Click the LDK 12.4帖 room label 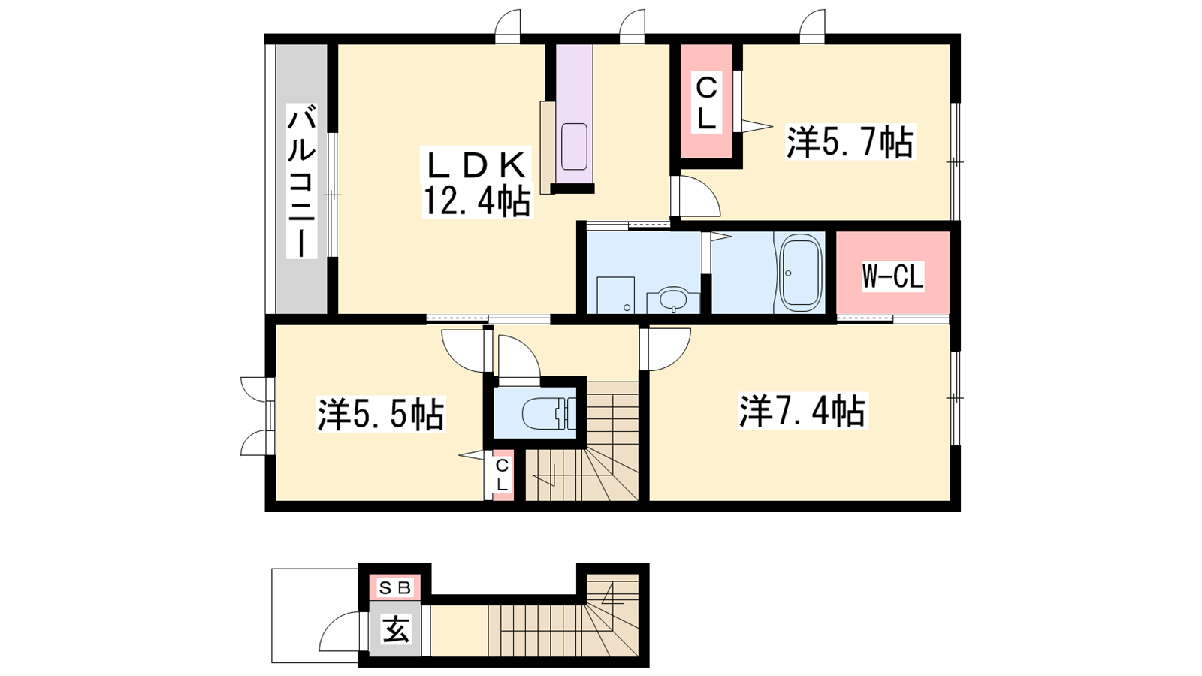pos(477,182)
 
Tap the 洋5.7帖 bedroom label pos(850,142)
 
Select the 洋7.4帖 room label pos(802,411)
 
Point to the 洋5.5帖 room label pos(380,414)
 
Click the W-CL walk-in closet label pos(893,277)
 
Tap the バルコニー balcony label pos(301,181)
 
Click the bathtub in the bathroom pos(801,273)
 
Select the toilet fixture pos(548,413)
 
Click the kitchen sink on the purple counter pos(574,146)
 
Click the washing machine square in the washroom pos(615,294)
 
